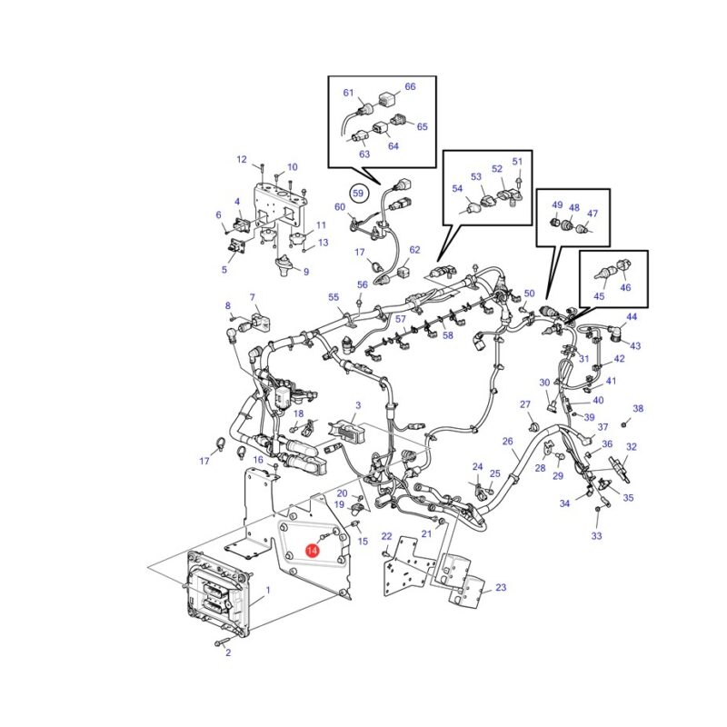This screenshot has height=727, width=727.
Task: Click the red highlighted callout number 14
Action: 312,551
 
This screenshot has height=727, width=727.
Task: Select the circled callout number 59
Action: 358,193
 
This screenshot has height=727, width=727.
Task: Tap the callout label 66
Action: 411,86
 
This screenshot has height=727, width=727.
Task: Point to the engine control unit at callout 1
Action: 219,594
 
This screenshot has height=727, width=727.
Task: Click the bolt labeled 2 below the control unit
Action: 222,642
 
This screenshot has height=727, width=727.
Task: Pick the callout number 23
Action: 501,587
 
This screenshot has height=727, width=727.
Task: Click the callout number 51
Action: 517,162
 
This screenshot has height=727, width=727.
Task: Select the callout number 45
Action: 599,296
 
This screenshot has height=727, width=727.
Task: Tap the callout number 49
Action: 557,205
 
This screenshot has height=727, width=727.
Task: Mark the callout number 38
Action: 639,408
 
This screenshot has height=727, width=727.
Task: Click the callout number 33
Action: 596,536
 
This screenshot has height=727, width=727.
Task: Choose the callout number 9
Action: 306,272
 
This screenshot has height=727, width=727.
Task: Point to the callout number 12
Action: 242,160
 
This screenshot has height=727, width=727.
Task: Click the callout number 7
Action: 253,297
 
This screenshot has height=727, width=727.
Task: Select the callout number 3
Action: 358,405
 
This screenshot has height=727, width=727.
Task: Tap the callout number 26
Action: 508,441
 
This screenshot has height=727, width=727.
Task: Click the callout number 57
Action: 401,319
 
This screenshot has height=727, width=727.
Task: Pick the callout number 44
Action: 632,316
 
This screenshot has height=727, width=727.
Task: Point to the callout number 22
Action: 387,536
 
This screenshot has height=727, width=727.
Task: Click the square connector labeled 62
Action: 403,269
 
